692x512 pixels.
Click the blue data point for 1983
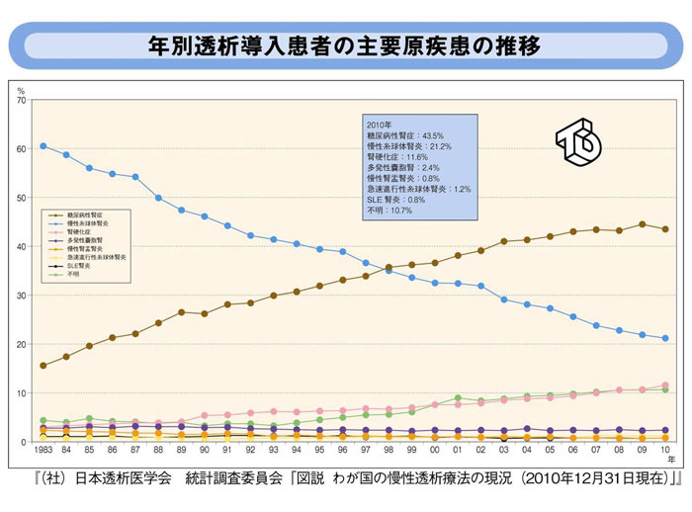pos(43,146)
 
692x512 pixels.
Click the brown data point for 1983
pos(43,366)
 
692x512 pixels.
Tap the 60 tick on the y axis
pos(22,149)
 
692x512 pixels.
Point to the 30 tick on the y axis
pos(22,296)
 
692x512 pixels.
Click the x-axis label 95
pos(319,451)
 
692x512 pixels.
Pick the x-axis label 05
pos(550,451)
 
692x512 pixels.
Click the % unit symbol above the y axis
pos(21,91)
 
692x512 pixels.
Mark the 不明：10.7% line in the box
pos(390,211)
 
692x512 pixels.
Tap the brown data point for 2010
pos(665,229)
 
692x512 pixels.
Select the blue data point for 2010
pos(665,338)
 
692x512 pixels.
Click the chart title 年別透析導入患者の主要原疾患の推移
pos(345,45)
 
